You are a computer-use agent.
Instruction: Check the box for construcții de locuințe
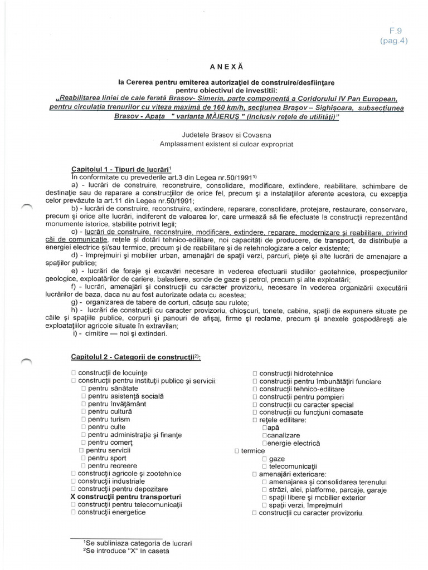click(74, 372)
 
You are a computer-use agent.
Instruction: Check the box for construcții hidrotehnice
click(255, 374)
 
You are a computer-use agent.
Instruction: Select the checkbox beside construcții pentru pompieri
click(255, 397)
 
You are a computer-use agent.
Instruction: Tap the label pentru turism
click(109, 419)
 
